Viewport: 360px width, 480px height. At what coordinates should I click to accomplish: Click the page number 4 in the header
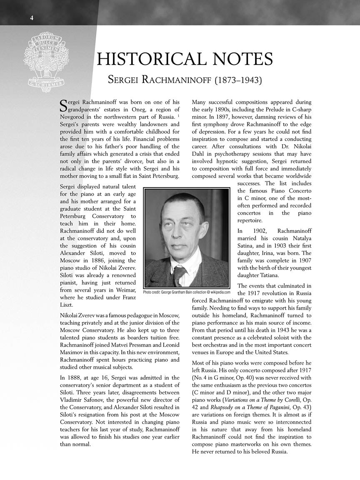32,17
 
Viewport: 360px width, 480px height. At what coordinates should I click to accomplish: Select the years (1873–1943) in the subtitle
238,80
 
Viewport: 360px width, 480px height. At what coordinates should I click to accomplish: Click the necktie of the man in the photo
179,275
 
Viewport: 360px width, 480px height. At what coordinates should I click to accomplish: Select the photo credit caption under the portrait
187,292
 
